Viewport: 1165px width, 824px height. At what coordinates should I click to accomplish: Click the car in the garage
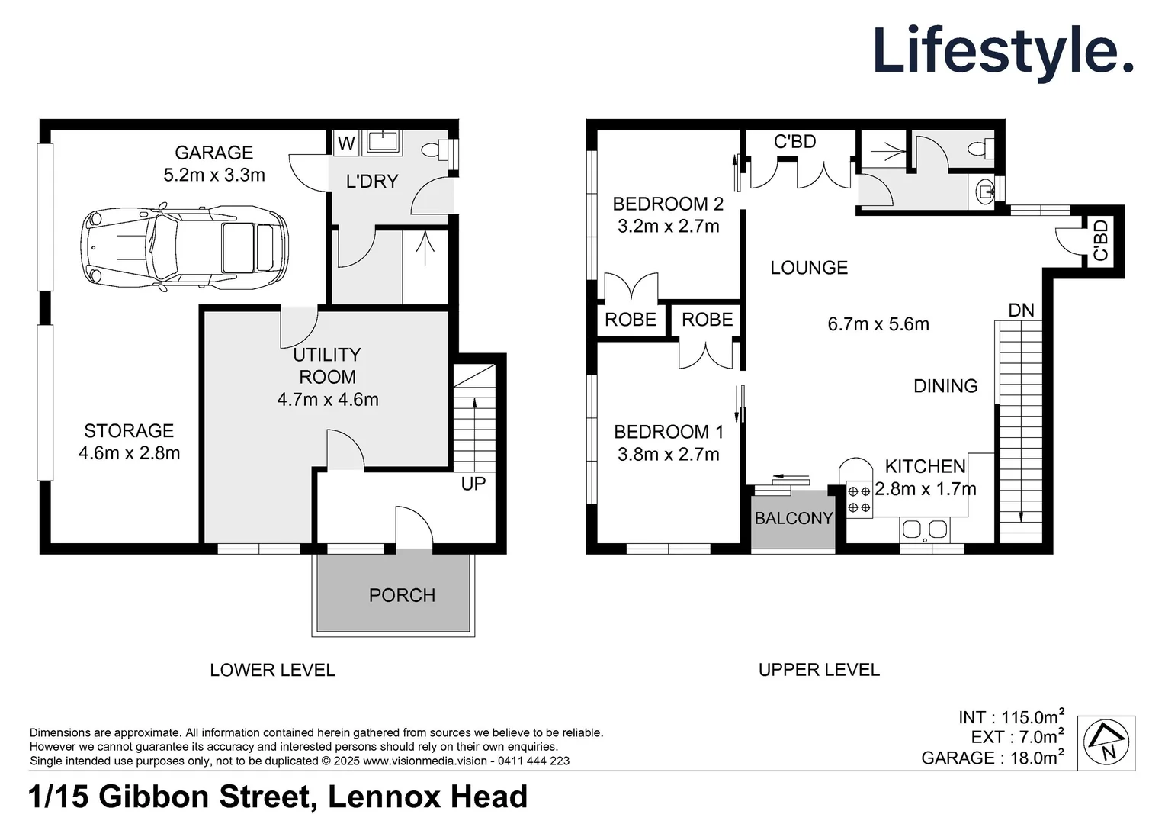(185, 248)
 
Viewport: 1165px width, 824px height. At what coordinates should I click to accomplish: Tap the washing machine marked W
(346, 143)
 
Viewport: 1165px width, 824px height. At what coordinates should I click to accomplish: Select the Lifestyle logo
(1002, 51)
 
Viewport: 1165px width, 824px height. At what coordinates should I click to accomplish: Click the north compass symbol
(1106, 742)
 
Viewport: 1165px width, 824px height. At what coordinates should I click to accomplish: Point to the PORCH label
(402, 595)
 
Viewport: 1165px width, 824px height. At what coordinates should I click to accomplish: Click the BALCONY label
(793, 518)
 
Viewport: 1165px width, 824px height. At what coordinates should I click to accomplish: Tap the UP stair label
(473, 484)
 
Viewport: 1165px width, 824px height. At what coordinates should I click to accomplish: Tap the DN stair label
(1021, 311)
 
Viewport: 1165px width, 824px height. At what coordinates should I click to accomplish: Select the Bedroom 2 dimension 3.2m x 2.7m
(668, 226)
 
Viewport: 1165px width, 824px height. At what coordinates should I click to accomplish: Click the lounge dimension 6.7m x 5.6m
(878, 324)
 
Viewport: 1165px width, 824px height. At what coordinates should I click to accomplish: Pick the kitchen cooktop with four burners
(859, 499)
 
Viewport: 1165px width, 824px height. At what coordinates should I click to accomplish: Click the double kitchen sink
(924, 529)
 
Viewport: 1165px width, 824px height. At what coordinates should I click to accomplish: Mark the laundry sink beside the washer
(382, 141)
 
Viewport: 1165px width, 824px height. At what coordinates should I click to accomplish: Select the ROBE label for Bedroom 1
(707, 320)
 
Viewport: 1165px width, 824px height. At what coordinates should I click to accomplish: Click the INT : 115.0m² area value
(1011, 717)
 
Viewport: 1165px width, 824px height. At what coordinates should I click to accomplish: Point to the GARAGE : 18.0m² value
(992, 758)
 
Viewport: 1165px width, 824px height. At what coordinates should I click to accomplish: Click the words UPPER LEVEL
(819, 670)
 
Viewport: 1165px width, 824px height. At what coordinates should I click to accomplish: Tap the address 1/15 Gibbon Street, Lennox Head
(278, 797)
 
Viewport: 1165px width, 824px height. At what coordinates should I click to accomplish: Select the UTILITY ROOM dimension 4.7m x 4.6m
(328, 399)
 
